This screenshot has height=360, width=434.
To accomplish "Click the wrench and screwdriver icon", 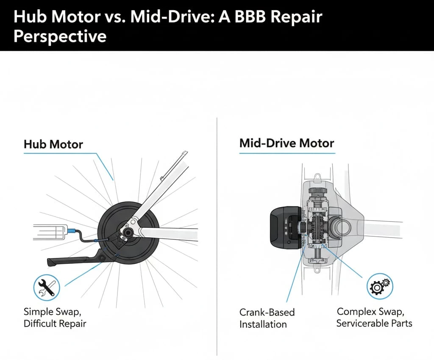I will click(46, 287).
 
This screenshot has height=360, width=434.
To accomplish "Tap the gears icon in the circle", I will click(380, 287).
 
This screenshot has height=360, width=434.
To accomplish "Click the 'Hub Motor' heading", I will click(53, 144).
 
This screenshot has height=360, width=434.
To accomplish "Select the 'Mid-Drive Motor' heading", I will click(287, 143).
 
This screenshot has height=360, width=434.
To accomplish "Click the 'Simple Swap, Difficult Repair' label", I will click(55, 318).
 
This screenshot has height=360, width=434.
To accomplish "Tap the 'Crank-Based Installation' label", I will click(267, 318).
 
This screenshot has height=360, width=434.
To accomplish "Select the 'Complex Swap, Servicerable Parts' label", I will click(374, 317).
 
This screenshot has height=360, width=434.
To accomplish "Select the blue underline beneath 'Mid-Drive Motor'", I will click(287, 152).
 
